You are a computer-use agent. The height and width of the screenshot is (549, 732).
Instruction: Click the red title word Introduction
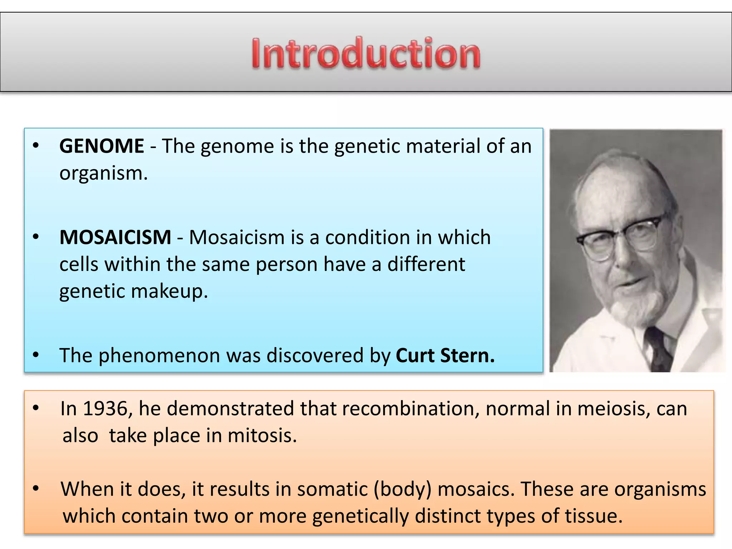(x=366, y=54)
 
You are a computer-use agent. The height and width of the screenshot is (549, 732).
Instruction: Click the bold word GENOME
(x=102, y=146)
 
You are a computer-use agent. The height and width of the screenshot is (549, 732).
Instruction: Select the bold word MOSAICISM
(x=115, y=237)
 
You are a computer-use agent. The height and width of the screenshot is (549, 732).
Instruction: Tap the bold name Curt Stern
(x=445, y=356)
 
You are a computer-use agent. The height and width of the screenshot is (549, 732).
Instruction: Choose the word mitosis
(x=262, y=436)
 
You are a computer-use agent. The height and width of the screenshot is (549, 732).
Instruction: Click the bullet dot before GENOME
(x=35, y=145)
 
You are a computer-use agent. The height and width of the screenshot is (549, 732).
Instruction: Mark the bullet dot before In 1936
(x=35, y=408)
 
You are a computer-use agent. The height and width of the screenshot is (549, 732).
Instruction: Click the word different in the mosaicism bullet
(x=426, y=264)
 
